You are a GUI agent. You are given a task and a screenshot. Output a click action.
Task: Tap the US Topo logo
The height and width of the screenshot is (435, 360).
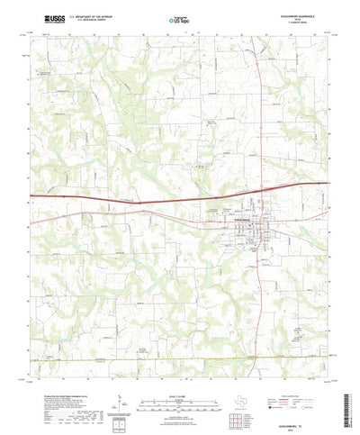tap(180, 18)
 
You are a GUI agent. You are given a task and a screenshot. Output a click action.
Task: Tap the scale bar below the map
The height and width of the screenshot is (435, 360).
tap(180, 378)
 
